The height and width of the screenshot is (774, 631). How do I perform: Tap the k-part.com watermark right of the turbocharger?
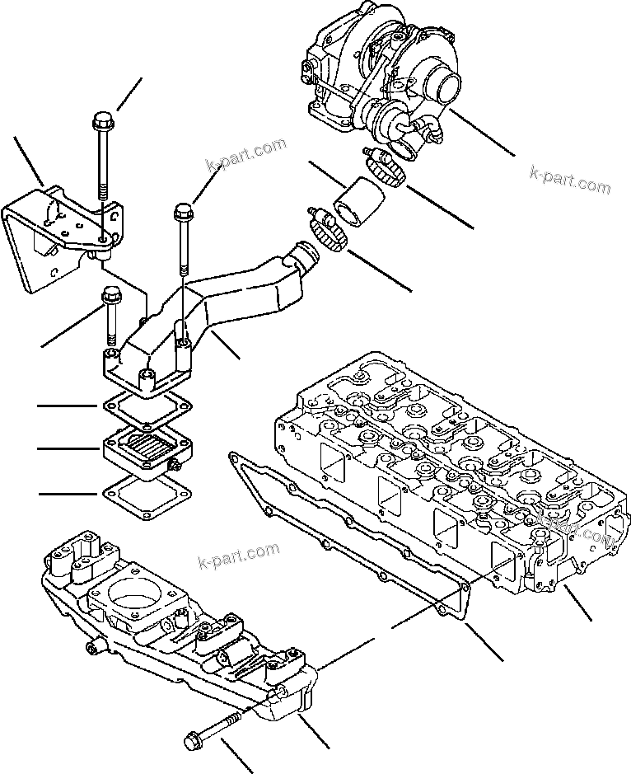[x=570, y=181]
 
